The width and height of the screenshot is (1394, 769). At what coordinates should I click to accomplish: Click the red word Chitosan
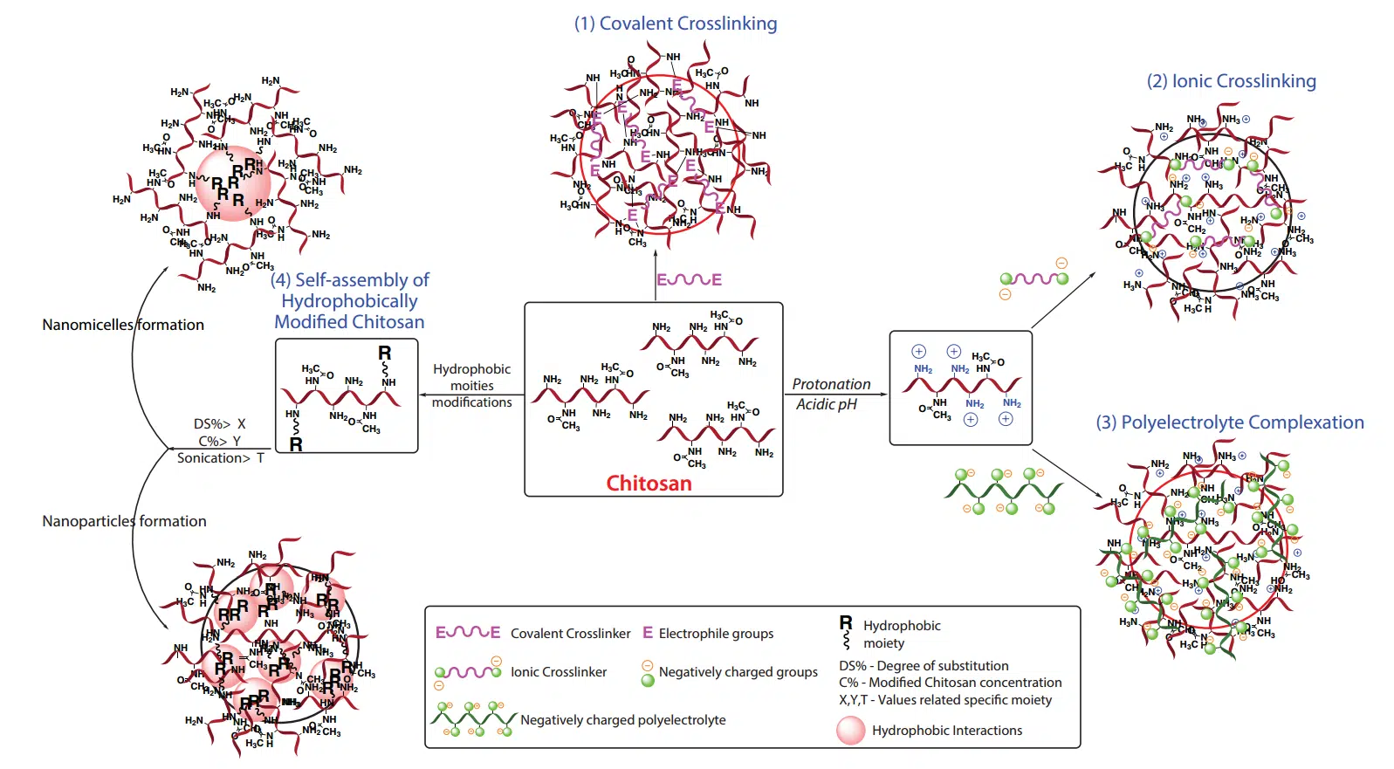pos(649,484)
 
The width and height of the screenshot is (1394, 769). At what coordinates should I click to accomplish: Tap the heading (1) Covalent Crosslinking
pos(675,24)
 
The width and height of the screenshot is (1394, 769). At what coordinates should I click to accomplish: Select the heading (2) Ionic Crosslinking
pos(1231,81)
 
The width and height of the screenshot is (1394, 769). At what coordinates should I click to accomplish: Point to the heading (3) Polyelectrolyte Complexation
pos(1229,422)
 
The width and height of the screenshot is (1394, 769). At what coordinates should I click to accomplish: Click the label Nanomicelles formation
pos(123,325)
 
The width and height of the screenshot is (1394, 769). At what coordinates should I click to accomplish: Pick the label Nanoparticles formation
pos(124,521)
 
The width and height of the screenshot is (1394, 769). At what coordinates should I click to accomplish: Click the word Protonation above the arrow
pos(831,384)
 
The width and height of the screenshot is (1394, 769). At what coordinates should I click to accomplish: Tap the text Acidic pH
pos(826,404)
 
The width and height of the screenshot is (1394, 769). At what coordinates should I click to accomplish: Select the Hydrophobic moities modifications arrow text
pos(471,386)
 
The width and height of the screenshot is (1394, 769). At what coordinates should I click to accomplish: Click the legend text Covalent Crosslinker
pos(570,634)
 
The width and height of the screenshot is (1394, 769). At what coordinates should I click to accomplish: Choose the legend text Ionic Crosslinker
pos(559,672)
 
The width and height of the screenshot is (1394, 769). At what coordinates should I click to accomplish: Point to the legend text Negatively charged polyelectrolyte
pos(622,720)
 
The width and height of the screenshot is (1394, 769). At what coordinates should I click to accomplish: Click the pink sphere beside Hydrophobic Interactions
pos(850,731)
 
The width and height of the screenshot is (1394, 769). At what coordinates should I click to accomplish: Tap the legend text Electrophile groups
pos(716,634)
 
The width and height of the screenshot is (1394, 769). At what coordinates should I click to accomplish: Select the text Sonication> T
pos(220,458)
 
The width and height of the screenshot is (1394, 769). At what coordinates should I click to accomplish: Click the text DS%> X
pos(219,424)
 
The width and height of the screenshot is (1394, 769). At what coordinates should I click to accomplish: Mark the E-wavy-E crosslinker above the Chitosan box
pos(689,280)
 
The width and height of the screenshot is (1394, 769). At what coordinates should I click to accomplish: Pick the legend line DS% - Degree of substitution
pos(924,666)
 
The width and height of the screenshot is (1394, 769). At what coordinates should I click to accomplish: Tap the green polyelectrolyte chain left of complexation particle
pos(1004,491)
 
